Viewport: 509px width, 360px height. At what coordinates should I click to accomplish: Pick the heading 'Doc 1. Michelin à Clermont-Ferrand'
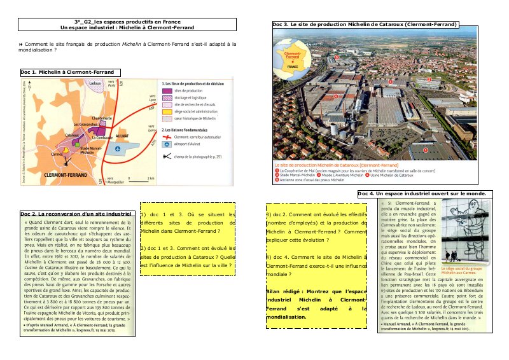click(58, 73)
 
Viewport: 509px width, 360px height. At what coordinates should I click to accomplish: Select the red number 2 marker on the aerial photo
click(429, 80)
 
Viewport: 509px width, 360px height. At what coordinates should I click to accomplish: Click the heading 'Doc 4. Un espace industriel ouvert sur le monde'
click(422, 193)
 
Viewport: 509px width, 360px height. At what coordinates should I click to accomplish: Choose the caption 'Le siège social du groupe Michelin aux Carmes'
click(464, 270)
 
